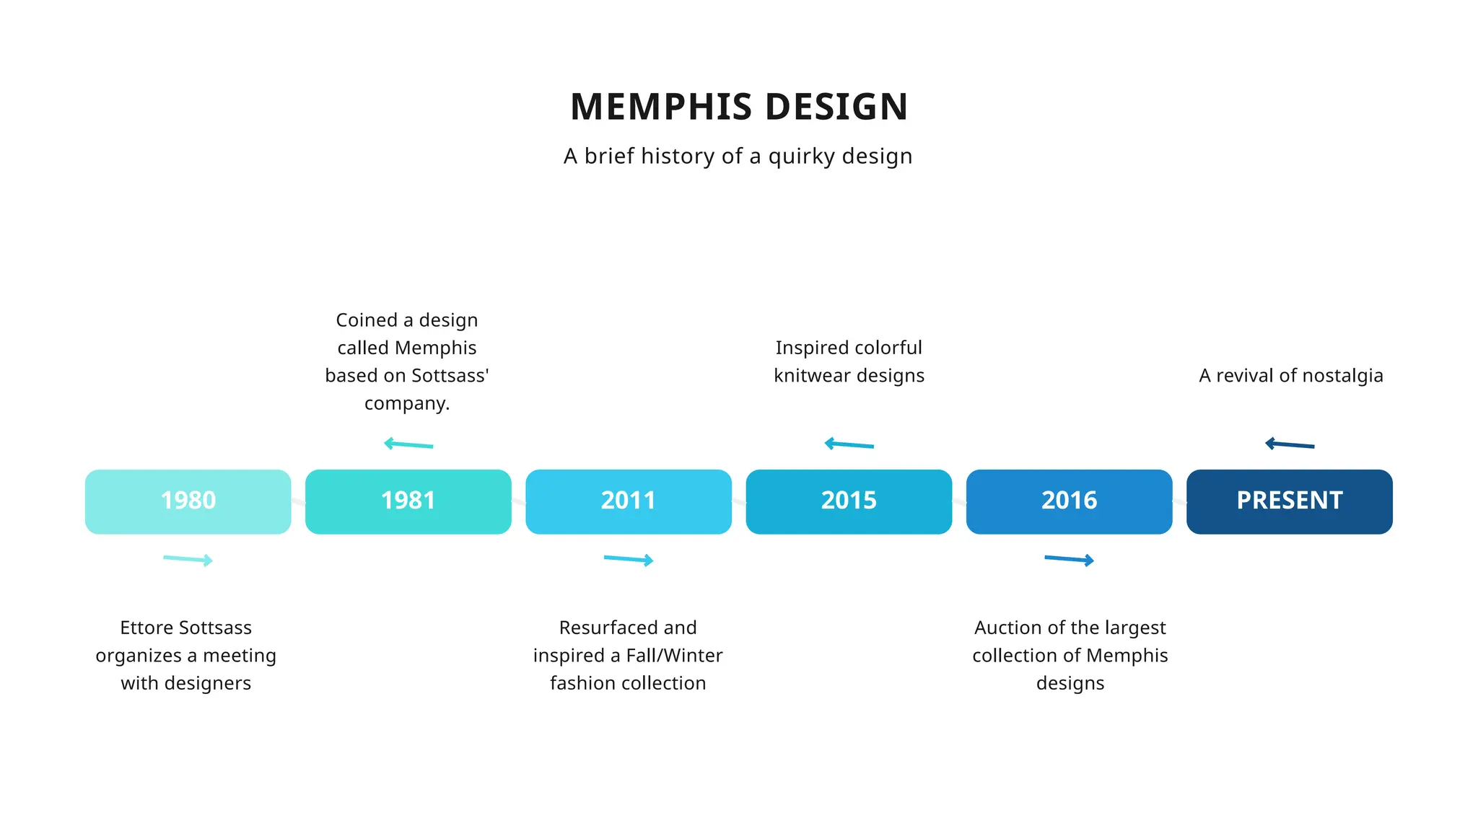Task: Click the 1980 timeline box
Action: pos(188,501)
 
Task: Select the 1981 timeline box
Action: pos(408,501)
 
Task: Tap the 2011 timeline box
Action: pos(628,501)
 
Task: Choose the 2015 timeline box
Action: pos(849,501)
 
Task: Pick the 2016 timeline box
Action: pos(1069,501)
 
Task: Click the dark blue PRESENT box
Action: pos(1289,501)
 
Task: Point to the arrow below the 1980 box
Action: pos(188,559)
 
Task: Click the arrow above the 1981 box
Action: pos(408,444)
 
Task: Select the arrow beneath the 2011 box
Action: pos(629,559)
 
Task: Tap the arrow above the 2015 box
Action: pos(849,444)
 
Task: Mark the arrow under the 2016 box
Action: pos(1070,559)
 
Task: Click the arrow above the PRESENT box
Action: pos(1290,444)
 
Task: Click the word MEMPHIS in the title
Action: pos(662,107)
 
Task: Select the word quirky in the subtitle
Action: pos(800,157)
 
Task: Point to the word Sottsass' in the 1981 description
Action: pos(448,376)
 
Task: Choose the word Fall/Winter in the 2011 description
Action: pos(674,656)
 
